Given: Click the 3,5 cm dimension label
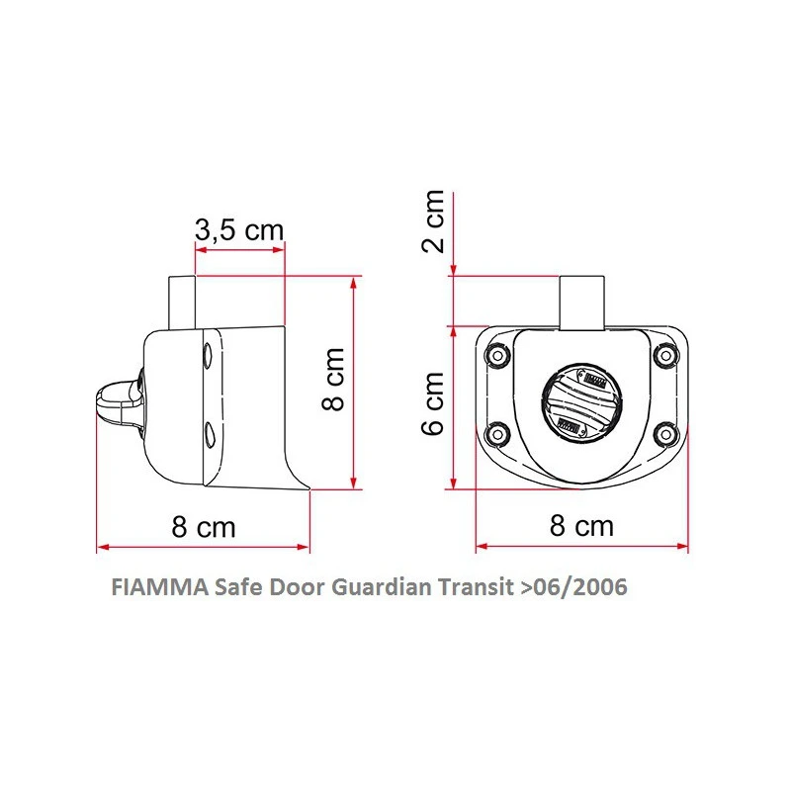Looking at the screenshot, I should pos(238,230).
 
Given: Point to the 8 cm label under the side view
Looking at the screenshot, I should pos(204,527).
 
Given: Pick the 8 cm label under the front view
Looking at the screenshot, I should pos(581,525).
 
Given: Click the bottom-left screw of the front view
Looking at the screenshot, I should pos(497,431).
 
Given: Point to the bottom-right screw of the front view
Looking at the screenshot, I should pos(665,431).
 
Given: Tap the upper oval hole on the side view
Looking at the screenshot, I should pos(208,355).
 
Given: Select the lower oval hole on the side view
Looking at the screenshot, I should pos(210,431).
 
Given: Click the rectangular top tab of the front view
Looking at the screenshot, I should pos(581,302).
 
